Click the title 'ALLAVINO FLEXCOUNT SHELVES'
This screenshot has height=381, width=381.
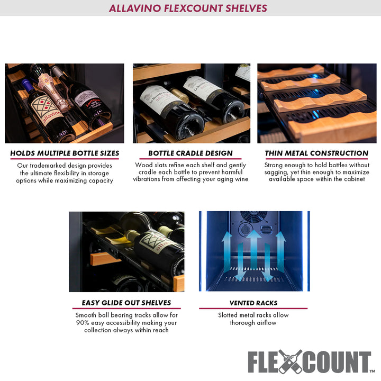[188, 8]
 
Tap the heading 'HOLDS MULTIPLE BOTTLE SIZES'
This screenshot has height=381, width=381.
[65, 153]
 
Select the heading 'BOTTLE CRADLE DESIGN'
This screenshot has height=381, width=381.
[190, 153]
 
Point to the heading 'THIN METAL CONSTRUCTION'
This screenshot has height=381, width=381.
[316, 153]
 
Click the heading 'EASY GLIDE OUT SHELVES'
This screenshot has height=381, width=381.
[126, 303]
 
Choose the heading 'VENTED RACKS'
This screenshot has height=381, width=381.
[253, 303]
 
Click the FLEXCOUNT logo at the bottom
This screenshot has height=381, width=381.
[310, 362]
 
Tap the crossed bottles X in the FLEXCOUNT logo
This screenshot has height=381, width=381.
[291, 362]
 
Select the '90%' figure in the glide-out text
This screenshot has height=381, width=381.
[83, 323]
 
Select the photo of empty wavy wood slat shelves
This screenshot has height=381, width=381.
[316, 103]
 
